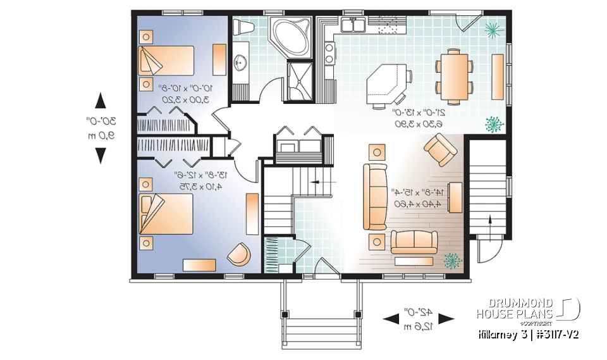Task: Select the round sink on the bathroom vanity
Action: pyautogui.click(x=241, y=63)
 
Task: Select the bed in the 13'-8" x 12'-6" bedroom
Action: pyautogui.click(x=166, y=214)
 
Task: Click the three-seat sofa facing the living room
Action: pyautogui.click(x=374, y=196)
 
